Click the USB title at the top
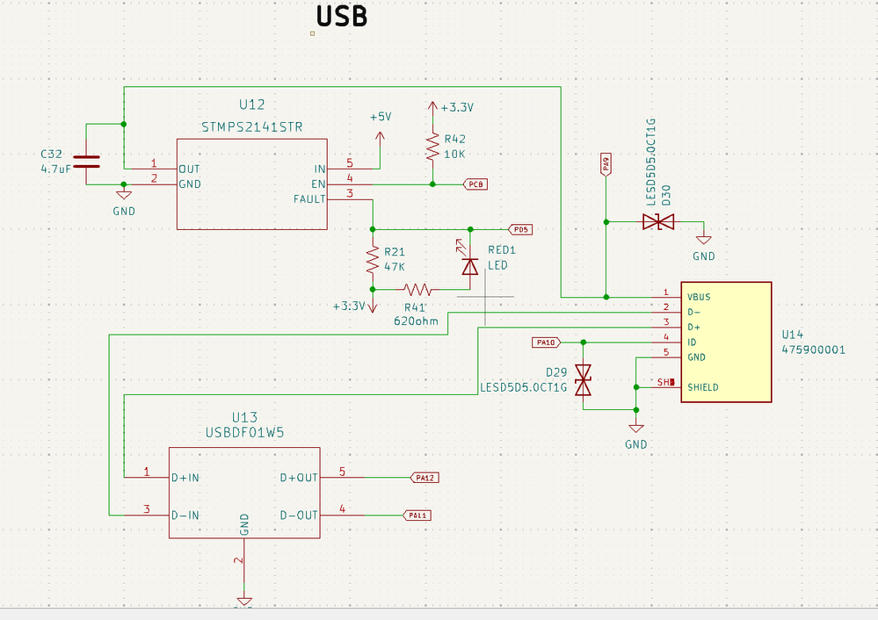[341, 16]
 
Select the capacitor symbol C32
[86, 161]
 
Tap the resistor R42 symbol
[432, 147]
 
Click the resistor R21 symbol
[373, 259]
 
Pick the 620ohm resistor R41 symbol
[418, 288]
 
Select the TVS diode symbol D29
[582, 380]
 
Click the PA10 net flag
[545, 342]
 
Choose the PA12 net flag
[425, 478]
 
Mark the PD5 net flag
[521, 229]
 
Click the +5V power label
[381, 117]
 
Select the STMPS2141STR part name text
[252, 126]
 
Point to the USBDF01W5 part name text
[244, 433]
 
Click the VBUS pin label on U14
[699, 296]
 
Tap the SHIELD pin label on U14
[703, 387]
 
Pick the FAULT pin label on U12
[309, 199]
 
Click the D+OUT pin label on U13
[299, 478]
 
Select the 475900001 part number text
[813, 350]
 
